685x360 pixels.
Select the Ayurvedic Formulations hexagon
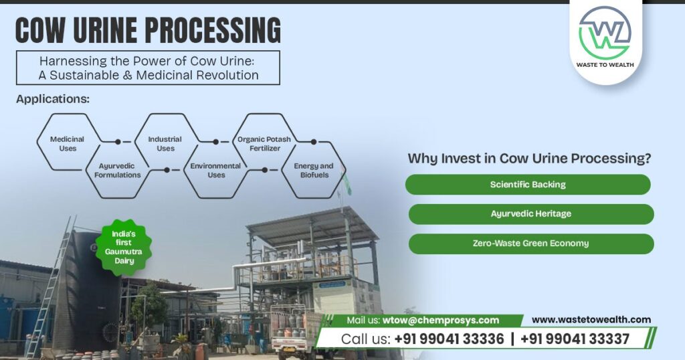tap(117, 170)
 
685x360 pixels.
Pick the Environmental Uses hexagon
tap(215, 170)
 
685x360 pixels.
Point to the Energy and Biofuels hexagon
tap(313, 170)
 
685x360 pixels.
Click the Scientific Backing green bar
tap(528, 185)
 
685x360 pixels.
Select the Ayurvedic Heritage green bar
tap(530, 214)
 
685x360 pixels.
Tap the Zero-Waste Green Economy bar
tap(530, 244)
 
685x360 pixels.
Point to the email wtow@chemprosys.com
tap(441, 321)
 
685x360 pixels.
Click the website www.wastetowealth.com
tap(591, 320)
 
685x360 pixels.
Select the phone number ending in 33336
tap(449, 339)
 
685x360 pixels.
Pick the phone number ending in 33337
tap(575, 339)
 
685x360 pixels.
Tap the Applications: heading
tap(53, 99)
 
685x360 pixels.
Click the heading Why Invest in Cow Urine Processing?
tap(529, 159)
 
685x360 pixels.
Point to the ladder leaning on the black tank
tap(50, 288)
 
